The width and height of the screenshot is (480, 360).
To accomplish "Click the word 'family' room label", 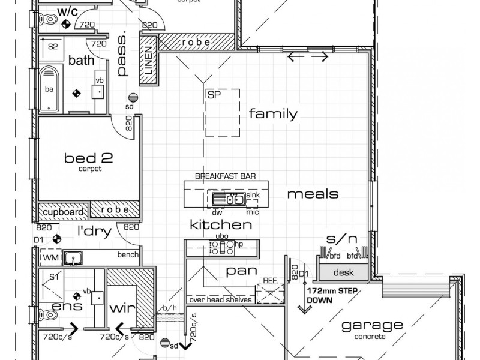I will point(273,113).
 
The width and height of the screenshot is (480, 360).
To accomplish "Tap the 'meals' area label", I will point(312,194).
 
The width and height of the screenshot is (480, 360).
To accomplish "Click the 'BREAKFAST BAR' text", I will point(225,176).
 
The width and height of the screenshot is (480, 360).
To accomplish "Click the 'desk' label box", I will point(343,272).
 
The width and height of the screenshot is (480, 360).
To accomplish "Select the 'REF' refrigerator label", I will point(269,280).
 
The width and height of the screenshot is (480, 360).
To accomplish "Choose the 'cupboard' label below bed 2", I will point(62,212).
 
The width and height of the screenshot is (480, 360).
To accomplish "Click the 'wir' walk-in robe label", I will point(122,308).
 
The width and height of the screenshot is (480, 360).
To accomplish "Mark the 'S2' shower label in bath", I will point(53,46).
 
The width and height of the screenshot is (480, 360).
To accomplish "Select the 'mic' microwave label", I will point(252,211).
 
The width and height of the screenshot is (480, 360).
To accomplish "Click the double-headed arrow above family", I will point(308,57).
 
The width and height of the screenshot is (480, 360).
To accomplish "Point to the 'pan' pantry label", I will point(237,271).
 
